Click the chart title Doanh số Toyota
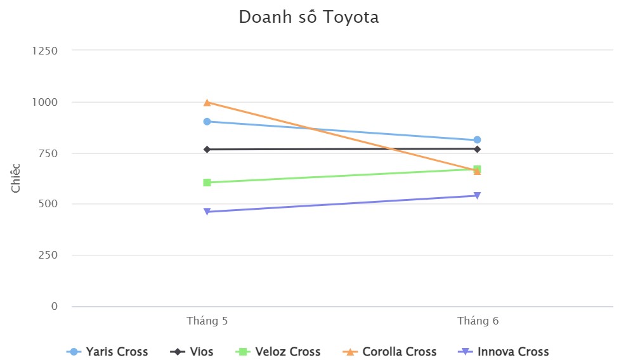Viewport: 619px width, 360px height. [309, 17]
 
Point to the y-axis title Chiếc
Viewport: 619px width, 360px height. [16, 178]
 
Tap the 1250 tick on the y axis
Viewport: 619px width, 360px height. [44, 51]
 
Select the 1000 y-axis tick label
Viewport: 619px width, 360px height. [44, 102]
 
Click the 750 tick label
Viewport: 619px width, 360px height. [48, 153]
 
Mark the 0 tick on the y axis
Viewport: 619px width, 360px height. [54, 306]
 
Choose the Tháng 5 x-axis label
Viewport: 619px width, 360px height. [207, 321]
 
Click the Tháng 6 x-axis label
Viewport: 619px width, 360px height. [478, 321]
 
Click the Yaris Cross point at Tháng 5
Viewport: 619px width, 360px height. [207, 121]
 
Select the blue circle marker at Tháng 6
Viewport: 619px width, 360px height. [477, 139]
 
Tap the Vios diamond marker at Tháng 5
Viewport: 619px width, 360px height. [207, 150]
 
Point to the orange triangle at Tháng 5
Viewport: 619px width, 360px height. [207, 102]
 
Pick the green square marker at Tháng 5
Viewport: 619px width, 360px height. [207, 183]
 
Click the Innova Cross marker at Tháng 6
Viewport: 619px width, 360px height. [477, 196]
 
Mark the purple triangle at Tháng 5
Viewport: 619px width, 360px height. [207, 212]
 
